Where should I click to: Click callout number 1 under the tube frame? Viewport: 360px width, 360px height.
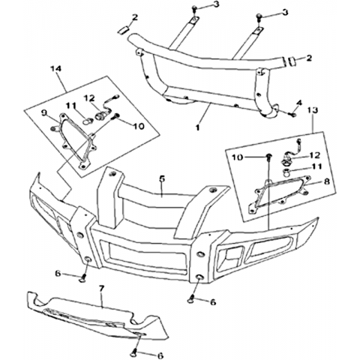198,127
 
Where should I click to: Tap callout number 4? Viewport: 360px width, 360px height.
299,103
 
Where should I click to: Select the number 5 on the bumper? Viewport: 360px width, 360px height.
162,178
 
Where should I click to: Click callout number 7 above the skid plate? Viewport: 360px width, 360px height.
101,289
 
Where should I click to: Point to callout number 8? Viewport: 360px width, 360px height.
326,181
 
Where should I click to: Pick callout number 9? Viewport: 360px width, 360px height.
44,113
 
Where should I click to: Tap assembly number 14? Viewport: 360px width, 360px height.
56,69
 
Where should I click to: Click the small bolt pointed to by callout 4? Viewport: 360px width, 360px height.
292,115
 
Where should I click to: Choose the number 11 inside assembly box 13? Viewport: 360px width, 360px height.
317,166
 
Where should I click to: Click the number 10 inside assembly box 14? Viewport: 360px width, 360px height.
139,126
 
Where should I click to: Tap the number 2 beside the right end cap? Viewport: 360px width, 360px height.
309,58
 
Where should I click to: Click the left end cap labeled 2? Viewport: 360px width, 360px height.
123,30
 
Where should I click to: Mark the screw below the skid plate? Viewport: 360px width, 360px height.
134,353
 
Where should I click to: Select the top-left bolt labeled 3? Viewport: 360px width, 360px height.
194,9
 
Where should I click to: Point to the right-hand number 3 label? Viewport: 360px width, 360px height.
285,13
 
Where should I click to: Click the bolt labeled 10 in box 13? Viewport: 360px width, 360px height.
269,157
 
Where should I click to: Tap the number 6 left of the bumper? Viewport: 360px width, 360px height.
58,274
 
